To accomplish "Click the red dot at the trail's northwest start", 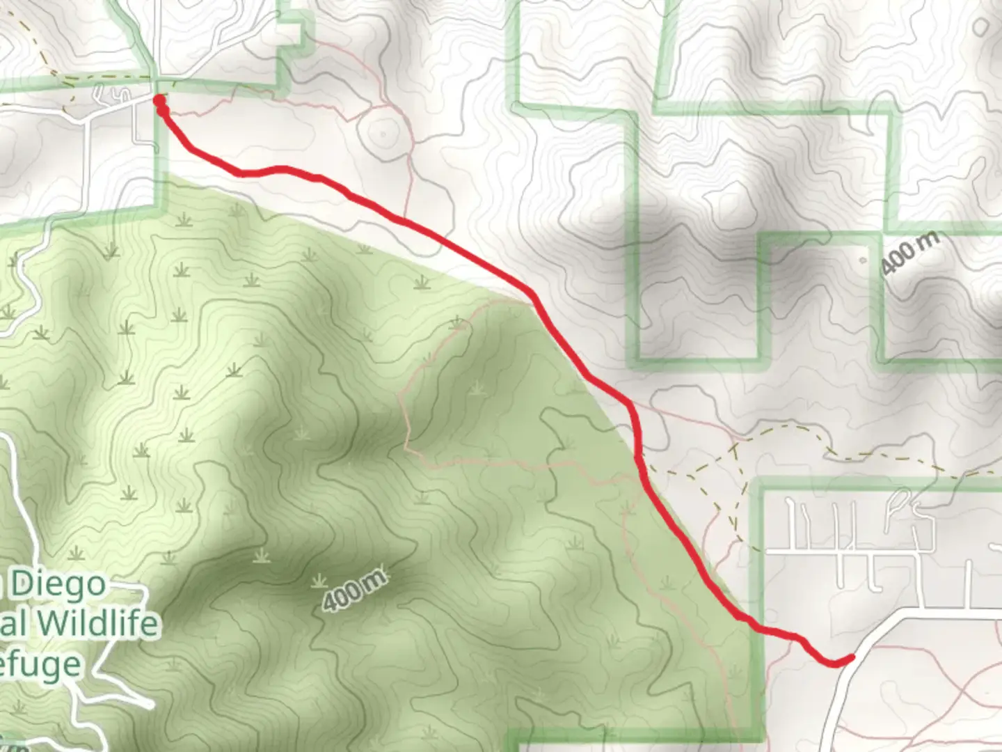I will click(x=159, y=100).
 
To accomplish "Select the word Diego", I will click(x=58, y=583).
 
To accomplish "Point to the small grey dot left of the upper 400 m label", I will click(x=863, y=261).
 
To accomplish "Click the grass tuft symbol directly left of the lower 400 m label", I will click(x=319, y=581).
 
